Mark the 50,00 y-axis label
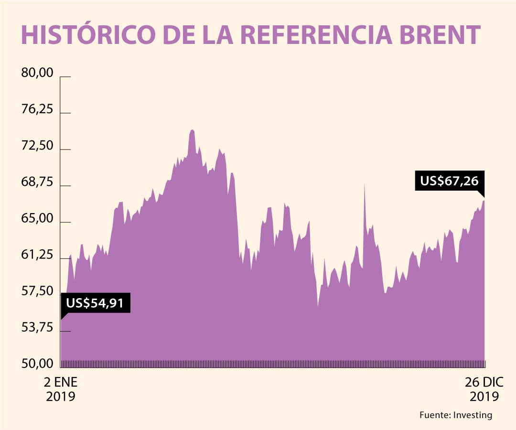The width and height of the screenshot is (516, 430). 36,364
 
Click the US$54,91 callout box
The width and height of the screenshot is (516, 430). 95,303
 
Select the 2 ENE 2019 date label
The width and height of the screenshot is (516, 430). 61,389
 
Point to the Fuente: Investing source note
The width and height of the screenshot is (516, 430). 455,415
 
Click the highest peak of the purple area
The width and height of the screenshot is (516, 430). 192,130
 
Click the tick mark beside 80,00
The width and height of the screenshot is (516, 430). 65,76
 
